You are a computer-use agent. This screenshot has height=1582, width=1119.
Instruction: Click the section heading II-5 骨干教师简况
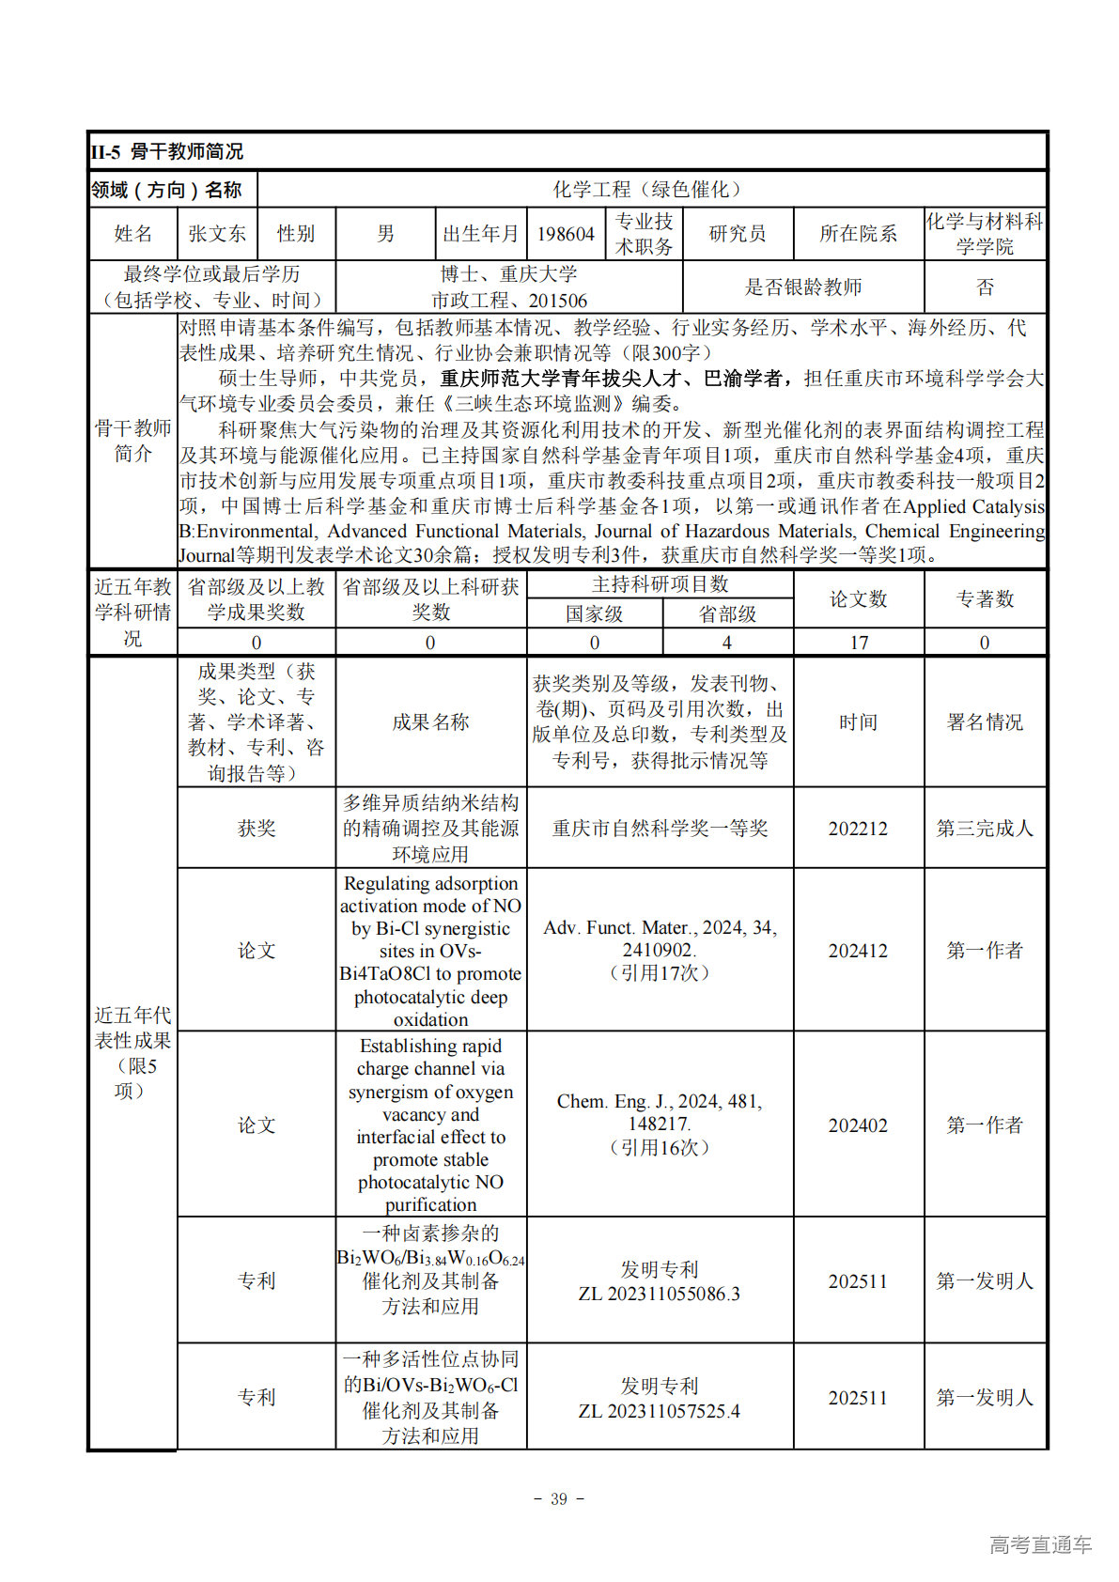(x=167, y=151)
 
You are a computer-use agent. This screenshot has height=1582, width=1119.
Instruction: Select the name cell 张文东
(x=217, y=234)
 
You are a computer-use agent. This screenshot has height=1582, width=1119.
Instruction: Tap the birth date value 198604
(x=566, y=234)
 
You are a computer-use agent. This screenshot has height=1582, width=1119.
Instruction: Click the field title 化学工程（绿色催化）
(x=650, y=190)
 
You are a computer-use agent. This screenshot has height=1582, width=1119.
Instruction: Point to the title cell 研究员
(x=738, y=234)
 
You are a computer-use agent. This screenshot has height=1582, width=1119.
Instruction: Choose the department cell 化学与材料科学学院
(x=984, y=234)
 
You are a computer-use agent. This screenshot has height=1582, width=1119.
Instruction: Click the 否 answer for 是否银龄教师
(x=985, y=287)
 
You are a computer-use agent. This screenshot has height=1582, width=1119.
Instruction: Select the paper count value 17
(x=859, y=643)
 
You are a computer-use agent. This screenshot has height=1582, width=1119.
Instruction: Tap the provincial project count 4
(x=727, y=643)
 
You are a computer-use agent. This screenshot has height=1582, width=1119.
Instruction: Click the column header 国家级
(x=595, y=614)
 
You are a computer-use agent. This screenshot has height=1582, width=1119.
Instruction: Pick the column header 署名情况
(x=985, y=722)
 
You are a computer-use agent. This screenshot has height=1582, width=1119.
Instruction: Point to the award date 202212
(x=858, y=829)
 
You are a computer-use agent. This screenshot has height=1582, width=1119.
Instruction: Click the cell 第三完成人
(x=985, y=829)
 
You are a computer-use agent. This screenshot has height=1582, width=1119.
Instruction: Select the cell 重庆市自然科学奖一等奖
(x=660, y=829)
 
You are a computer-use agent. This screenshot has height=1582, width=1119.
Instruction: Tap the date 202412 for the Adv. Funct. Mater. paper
(x=858, y=951)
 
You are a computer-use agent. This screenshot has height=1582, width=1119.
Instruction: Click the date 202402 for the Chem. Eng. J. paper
(x=858, y=1125)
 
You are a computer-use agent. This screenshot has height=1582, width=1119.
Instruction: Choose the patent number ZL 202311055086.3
(x=660, y=1295)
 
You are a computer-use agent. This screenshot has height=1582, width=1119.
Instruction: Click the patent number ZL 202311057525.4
(x=660, y=1411)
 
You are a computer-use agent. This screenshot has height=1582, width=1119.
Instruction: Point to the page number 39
(x=559, y=1499)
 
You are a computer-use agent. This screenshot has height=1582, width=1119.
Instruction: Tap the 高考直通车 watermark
(x=1040, y=1544)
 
